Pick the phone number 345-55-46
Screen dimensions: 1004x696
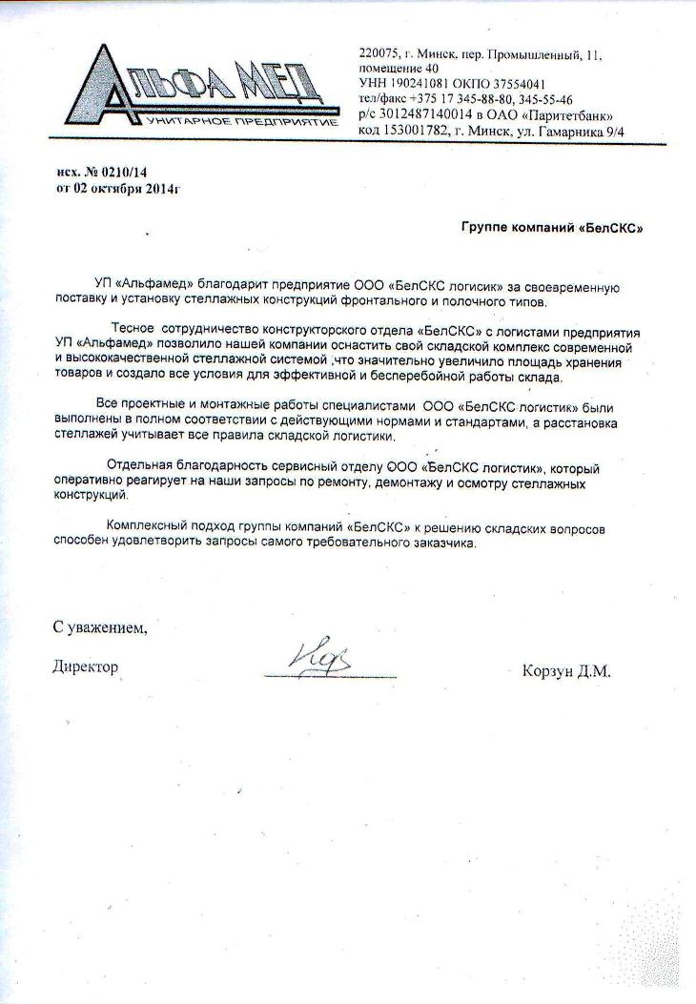tap(541, 99)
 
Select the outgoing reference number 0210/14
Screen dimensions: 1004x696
tap(124, 172)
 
